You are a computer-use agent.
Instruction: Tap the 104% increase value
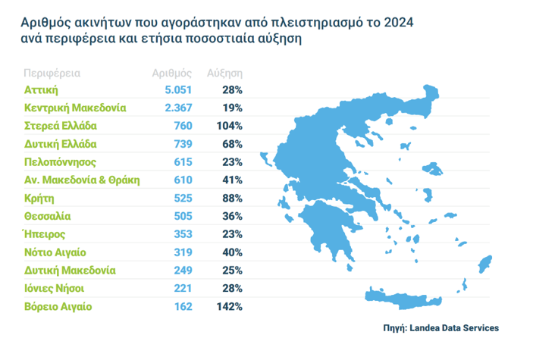click(x=228, y=126)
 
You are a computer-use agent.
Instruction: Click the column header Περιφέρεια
click(x=52, y=74)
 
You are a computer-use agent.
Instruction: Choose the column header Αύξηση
click(x=224, y=74)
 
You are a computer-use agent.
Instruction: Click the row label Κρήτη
click(x=39, y=198)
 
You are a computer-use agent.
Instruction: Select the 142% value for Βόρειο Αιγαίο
click(x=228, y=307)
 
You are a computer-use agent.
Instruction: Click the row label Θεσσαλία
click(x=47, y=216)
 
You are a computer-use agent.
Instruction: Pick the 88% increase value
click(x=231, y=198)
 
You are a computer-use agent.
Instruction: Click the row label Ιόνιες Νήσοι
click(x=53, y=289)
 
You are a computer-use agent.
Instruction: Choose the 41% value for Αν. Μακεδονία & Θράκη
click(x=231, y=180)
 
